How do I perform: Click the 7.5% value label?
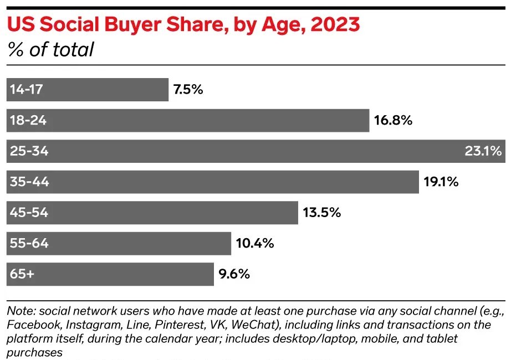(x=188, y=90)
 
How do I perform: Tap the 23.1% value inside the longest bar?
(x=483, y=151)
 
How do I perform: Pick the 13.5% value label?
(x=321, y=213)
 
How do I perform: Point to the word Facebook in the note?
(x=30, y=324)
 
